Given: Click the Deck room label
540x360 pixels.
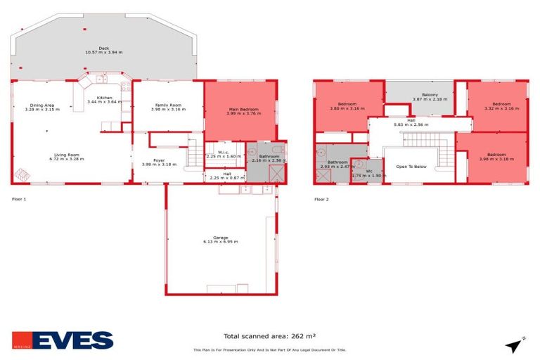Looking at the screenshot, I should [103, 48].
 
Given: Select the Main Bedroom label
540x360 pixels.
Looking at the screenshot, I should [243, 109].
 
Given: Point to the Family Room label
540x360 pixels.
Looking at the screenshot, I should [169, 105].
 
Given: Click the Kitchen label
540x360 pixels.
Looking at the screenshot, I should [104, 97].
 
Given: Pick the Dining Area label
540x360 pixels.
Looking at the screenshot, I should [42, 105].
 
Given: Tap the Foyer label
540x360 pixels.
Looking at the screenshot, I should [159, 160].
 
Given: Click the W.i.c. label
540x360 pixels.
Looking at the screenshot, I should [223, 152].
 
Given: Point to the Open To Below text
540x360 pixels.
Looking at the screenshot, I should [411, 167].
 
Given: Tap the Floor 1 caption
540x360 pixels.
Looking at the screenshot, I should [19, 200].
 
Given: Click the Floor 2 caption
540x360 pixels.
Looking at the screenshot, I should [321, 200].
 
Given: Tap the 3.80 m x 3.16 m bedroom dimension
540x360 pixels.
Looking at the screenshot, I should [347, 108].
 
